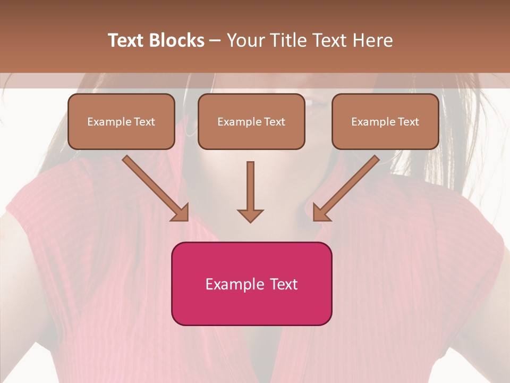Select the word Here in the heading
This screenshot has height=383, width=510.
375,40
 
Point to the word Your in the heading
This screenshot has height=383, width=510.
245,40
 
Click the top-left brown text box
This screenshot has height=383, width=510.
121,121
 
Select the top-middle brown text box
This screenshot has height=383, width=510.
251,121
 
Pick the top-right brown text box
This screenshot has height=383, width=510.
385,121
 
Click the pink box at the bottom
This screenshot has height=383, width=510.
251,284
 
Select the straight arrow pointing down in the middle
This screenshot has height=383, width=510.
250,191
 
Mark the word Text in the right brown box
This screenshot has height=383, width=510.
409,122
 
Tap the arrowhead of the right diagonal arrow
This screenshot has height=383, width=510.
321,213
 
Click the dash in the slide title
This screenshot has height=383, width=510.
215,40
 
